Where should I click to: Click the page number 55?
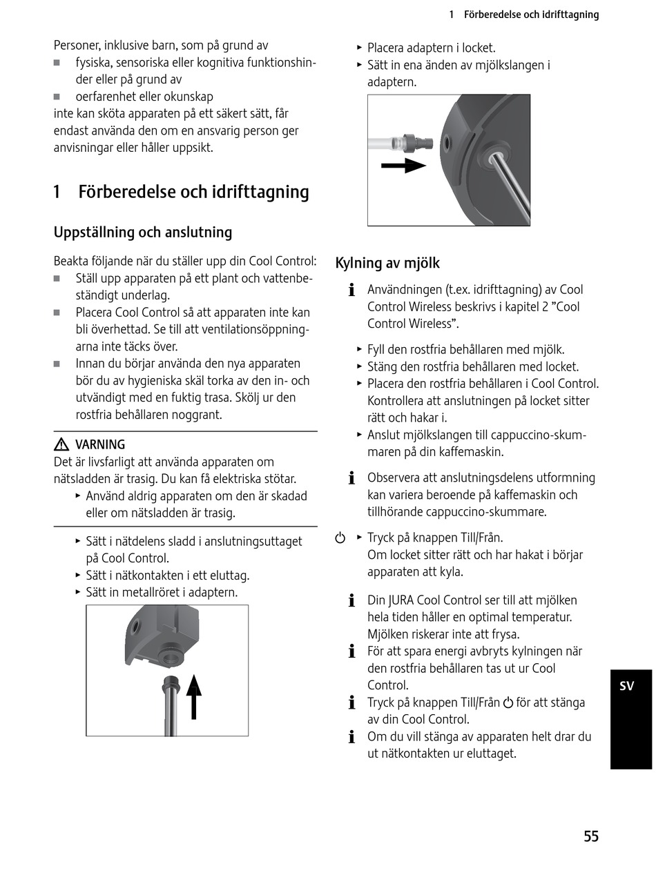click(x=590, y=836)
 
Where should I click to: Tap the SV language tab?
click(x=626, y=686)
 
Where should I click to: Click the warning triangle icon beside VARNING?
click(x=61, y=445)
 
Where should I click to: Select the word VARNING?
click(x=100, y=445)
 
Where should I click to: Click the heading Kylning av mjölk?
click(x=387, y=263)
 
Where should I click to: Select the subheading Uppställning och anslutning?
click(x=143, y=232)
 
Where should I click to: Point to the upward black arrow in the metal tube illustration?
click(x=194, y=696)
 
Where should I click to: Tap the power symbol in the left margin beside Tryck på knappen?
click(x=340, y=538)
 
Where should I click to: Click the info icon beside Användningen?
click(x=351, y=290)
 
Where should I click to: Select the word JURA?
click(x=401, y=600)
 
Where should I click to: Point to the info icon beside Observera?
click(x=351, y=478)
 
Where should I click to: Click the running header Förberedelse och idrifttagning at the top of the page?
click(x=531, y=14)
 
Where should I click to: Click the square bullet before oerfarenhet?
click(x=57, y=97)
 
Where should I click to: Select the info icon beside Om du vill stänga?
click(x=351, y=737)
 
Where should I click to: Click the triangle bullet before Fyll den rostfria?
click(x=359, y=350)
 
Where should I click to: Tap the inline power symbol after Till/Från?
click(x=508, y=703)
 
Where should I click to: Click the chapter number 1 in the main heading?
click(x=57, y=192)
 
